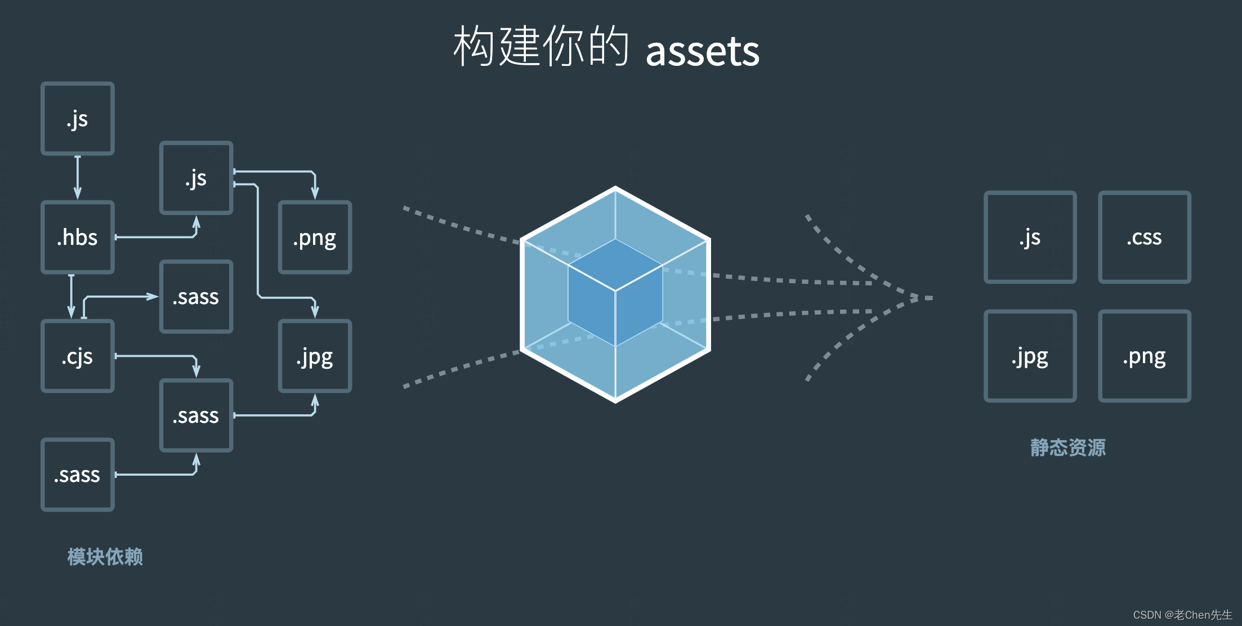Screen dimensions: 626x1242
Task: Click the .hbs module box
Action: point(78,237)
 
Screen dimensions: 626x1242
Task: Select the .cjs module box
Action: point(78,356)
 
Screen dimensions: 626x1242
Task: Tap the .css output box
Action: point(1144,237)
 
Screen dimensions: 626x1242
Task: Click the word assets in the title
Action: point(702,51)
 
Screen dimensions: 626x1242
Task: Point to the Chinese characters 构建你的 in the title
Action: point(540,46)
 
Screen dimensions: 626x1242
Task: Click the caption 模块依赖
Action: point(105,557)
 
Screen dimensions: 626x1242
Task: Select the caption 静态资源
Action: point(1068,448)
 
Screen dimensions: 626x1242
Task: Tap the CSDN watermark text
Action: point(1182,615)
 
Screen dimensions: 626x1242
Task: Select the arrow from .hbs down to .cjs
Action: point(71,296)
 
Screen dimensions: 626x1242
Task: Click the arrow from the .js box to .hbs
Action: point(78,177)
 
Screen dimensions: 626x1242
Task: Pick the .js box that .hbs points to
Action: point(196,178)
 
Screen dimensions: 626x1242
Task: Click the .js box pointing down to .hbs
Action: point(78,118)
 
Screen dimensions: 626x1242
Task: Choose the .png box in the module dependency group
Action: point(315,237)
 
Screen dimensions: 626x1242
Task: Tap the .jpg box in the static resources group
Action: point(1030,356)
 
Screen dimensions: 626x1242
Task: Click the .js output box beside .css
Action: point(1030,237)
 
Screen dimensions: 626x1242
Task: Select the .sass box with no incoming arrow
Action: point(78,475)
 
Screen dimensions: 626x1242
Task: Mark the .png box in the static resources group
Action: point(1144,356)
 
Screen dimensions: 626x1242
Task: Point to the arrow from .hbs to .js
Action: point(158,236)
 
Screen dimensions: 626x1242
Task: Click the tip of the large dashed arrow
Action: point(929,298)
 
